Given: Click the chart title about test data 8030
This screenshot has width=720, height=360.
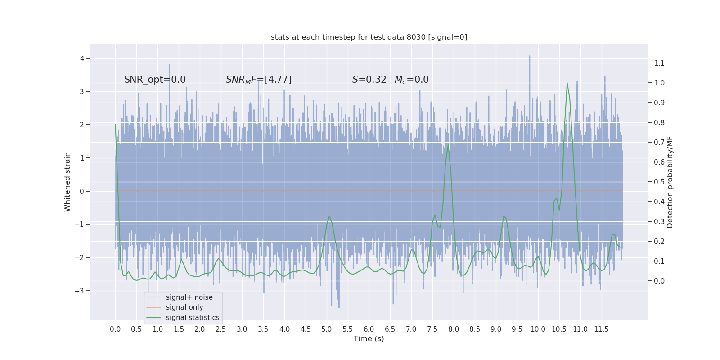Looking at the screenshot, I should [369, 37].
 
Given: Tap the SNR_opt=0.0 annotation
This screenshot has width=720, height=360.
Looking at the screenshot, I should [155, 80].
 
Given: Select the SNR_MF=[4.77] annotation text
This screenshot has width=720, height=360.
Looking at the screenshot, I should [259, 80].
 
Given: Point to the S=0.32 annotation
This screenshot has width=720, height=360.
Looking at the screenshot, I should [369, 80].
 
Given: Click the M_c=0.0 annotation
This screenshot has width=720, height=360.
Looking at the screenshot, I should [411, 80].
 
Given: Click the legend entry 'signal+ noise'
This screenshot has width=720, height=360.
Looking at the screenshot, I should [189, 297].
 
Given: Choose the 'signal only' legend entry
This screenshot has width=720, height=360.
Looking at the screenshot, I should [184, 307].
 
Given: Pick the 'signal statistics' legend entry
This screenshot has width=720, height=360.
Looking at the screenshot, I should [193, 318].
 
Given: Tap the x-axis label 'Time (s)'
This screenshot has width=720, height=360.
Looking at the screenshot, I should [369, 339].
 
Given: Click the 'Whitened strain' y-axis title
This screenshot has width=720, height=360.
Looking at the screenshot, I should [67, 182].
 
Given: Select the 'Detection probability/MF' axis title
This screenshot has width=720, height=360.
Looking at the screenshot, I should [670, 182].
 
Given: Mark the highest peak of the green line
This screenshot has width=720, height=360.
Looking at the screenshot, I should [567, 83].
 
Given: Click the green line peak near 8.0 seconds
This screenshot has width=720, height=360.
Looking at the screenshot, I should [448, 145].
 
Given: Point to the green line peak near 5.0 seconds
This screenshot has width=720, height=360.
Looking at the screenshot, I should [329, 216].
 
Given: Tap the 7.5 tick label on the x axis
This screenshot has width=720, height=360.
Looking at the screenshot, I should [432, 329].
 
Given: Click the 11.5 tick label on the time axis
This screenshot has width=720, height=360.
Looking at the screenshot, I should [601, 329].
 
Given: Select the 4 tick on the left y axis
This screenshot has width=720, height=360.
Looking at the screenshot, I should [82, 58].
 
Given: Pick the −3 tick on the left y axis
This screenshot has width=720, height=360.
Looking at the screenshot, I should [80, 291].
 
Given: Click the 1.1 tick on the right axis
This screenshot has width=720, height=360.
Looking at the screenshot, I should [659, 63].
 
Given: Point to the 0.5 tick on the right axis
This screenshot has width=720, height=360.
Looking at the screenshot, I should [659, 182].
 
